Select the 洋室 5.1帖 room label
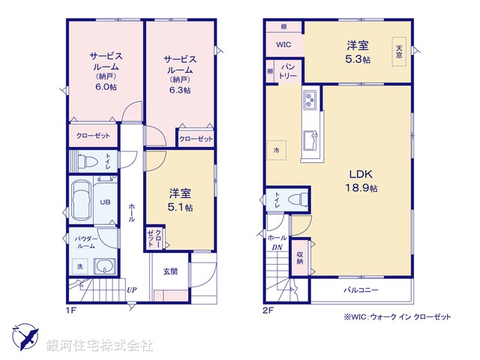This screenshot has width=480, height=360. coord(180,201)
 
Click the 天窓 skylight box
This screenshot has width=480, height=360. coord(399,52)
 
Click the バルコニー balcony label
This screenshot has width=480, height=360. coord(361,289)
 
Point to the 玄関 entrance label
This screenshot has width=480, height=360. coord(170,271)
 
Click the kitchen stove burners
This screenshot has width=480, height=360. coord(310,100)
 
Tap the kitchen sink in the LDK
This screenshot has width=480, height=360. coord(310,139)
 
